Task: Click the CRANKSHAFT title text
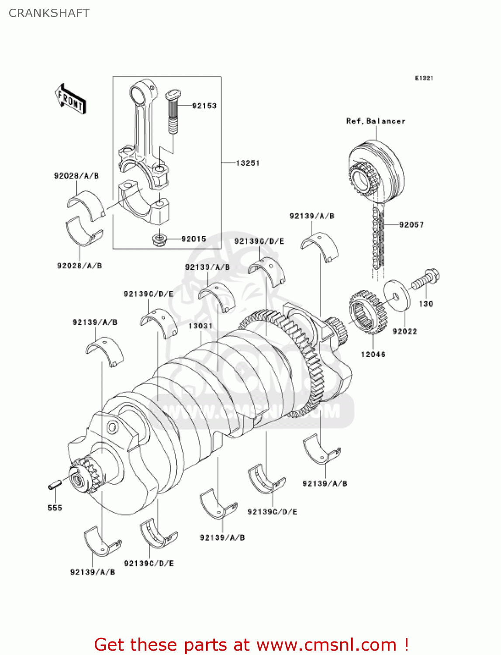[49, 13]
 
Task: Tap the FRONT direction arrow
[70, 99]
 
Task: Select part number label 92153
[204, 106]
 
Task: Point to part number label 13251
[248, 163]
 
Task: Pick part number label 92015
[193, 239]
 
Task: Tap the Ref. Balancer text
[376, 121]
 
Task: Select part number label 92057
[411, 224]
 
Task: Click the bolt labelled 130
[426, 279]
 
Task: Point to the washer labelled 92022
[397, 296]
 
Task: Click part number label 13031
[200, 326]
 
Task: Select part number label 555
[55, 507]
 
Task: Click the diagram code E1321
[424, 78]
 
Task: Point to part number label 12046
[373, 354]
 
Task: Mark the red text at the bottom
[251, 645]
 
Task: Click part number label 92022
[405, 331]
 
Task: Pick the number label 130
[426, 304]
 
